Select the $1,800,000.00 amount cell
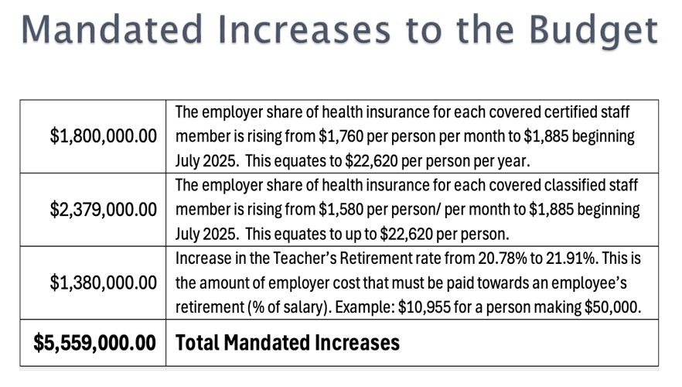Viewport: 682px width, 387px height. pos(104,136)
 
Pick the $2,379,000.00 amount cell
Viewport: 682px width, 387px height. pos(104,209)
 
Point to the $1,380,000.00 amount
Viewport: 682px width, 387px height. pos(104,283)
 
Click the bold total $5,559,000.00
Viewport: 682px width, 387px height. pos(95,342)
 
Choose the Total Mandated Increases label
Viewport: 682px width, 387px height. pos(288,342)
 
